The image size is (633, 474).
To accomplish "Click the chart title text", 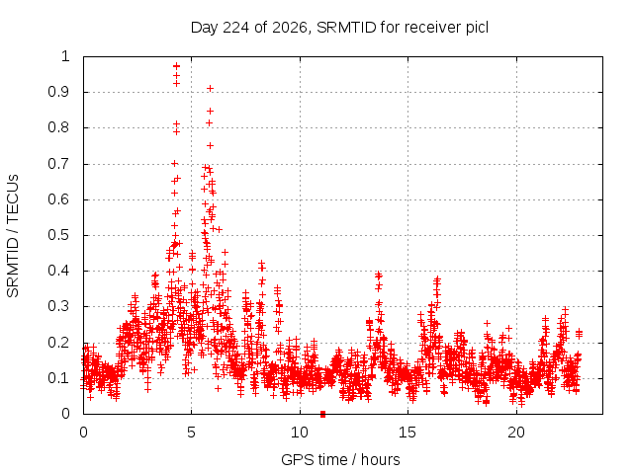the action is click(x=339, y=28).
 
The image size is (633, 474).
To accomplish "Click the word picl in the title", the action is click(x=477, y=28).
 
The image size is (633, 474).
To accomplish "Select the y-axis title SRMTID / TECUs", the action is click(x=13, y=236).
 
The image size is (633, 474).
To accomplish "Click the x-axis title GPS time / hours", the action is click(x=340, y=459).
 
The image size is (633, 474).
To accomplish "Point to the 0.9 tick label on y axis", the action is click(x=59, y=92).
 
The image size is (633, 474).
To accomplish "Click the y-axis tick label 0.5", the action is click(x=59, y=235).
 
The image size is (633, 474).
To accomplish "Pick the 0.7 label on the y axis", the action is click(x=59, y=164).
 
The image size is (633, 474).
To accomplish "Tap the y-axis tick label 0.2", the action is click(x=59, y=343).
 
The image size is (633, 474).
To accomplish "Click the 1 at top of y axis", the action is click(x=66, y=56).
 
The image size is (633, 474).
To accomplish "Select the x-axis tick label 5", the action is click(x=191, y=433).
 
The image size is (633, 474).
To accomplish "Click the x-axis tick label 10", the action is click(x=300, y=433).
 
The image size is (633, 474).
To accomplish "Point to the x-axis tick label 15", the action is click(x=407, y=433).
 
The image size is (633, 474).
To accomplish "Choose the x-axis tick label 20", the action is click(x=516, y=433).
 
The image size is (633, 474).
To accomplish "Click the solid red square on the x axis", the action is click(x=323, y=414).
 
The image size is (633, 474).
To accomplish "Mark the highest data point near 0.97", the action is click(x=176, y=66).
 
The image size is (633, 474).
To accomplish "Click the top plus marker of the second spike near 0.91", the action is click(x=210, y=89).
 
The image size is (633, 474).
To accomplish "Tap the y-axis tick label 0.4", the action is click(x=59, y=271).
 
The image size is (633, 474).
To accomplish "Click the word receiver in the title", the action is click(x=433, y=28).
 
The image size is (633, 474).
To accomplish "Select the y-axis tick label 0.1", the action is click(x=59, y=378).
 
